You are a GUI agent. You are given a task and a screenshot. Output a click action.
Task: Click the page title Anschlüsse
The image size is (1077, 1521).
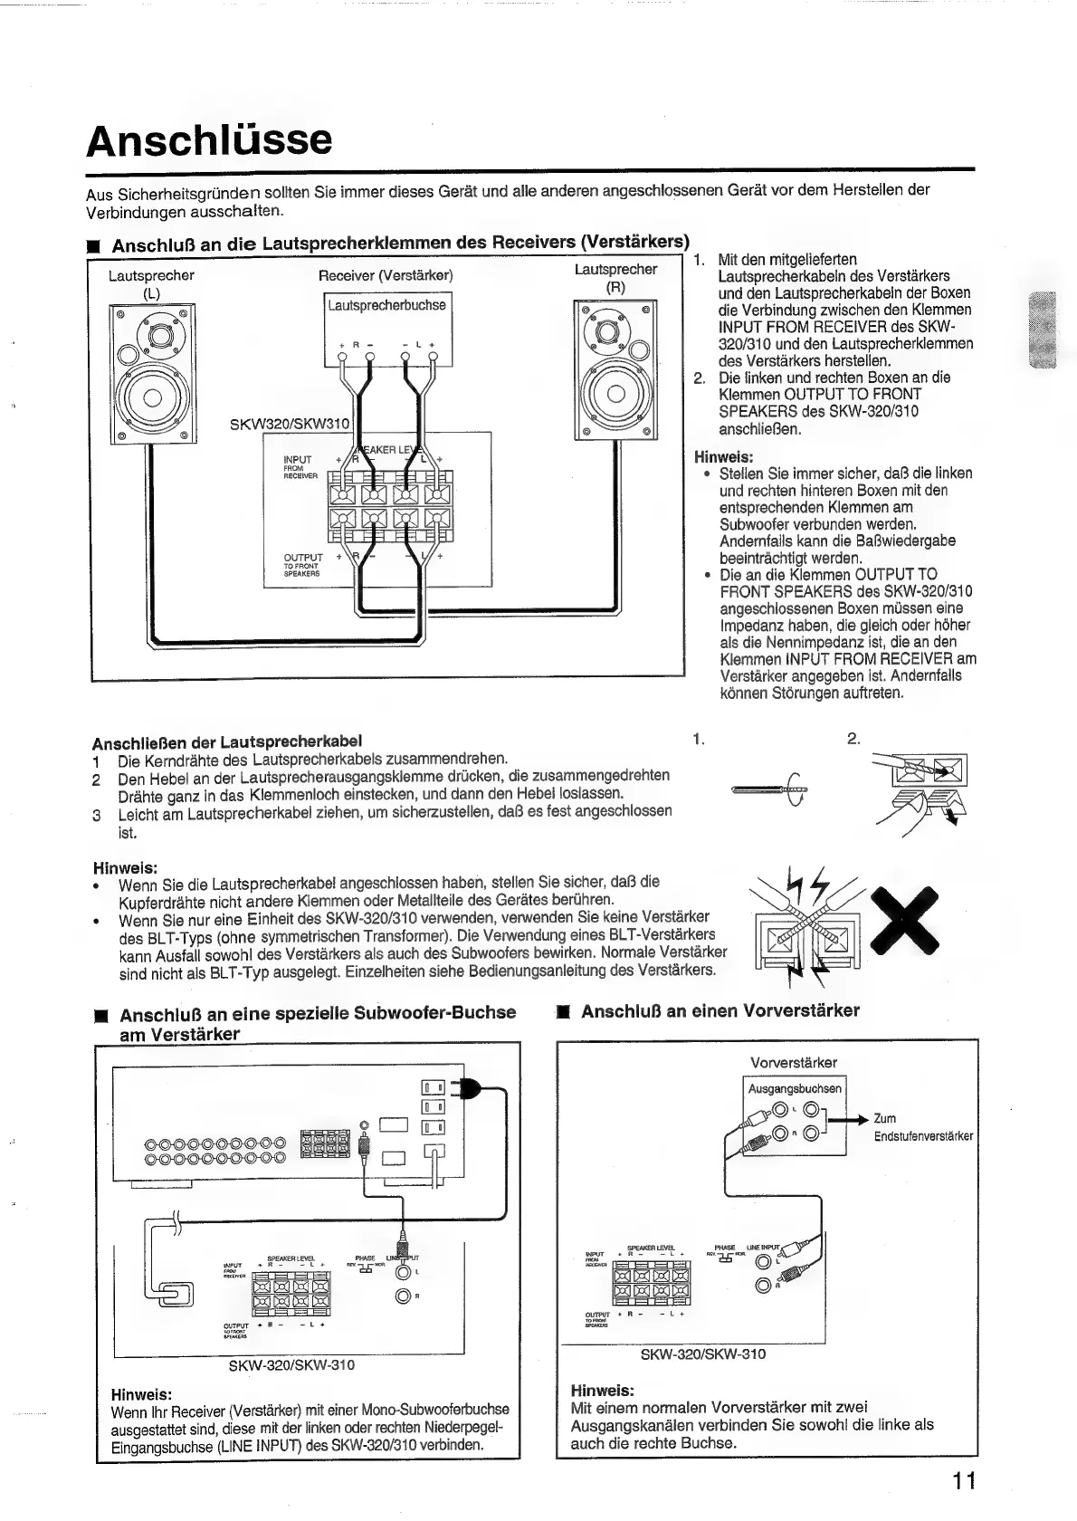[209, 140]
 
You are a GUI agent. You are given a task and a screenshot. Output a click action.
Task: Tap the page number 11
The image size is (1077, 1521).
[963, 1481]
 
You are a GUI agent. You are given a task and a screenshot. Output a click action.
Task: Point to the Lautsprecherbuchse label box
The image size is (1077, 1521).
[386, 306]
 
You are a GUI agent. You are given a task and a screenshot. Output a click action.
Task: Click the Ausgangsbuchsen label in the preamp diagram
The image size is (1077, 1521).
[795, 1088]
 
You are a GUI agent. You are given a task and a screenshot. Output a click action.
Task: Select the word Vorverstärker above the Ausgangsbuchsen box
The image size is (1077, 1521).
[794, 1062]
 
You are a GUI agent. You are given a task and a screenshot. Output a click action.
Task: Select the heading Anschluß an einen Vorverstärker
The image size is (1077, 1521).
[720, 1010]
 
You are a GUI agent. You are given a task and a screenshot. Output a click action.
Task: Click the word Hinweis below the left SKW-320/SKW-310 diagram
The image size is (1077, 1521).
[140, 1393]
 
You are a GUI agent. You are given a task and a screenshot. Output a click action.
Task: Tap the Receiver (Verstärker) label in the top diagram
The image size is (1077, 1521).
[386, 275]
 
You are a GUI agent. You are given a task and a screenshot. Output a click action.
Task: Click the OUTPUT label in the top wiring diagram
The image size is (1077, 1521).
[303, 557]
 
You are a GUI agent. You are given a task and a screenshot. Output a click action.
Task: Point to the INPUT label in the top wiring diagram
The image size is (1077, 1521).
[298, 460]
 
